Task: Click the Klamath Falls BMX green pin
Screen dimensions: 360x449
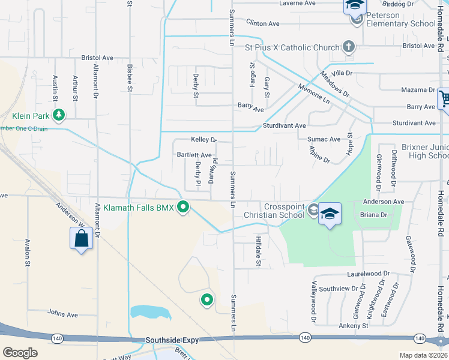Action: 184,208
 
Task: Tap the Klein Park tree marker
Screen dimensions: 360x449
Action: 58,114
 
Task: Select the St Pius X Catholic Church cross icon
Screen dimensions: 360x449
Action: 348,47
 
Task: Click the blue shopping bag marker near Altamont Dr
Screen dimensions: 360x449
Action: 81,239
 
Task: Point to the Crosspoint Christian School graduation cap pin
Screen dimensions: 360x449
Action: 329,214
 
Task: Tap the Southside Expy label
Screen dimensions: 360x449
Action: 172,340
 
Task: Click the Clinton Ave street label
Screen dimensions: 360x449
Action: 263,23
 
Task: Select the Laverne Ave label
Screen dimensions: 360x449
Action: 297,3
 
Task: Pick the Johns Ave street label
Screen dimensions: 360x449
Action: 62,314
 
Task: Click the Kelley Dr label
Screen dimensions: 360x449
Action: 203,140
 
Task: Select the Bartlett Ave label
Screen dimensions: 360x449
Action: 194,155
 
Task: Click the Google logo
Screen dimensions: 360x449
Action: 20,353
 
